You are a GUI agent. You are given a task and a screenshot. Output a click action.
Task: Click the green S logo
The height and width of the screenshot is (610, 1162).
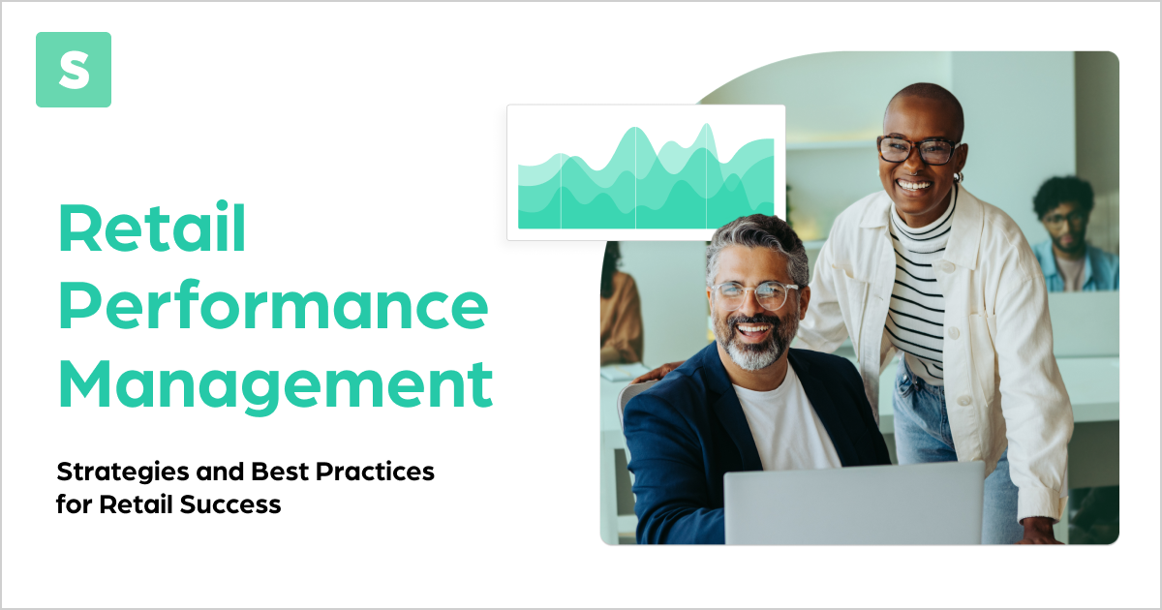(74, 70)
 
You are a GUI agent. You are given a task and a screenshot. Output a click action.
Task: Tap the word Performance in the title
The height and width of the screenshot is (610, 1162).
(273, 307)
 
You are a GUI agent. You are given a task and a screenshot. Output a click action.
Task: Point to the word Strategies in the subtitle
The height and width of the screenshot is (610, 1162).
(117, 473)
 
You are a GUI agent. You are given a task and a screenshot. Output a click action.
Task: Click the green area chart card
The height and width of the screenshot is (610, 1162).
(646, 172)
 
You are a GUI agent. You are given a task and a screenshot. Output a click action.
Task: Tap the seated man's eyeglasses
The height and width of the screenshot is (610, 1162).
(754, 293)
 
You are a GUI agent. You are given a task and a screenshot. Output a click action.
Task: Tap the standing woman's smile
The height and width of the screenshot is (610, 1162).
(915, 184)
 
